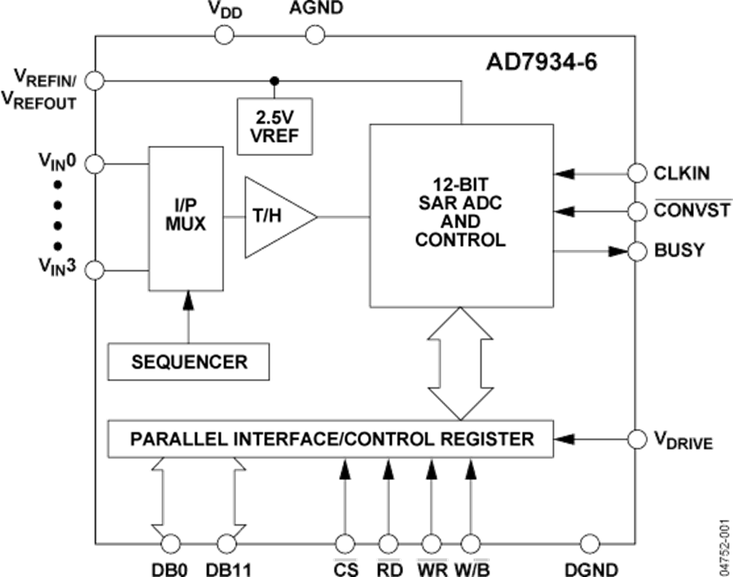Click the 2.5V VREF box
[274, 126]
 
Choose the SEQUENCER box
[189, 361]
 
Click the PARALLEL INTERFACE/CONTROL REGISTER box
[330, 439]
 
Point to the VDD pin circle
[225, 34]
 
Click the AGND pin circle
[315, 34]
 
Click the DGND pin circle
[590, 544]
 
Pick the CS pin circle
[345, 544]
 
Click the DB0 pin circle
[170, 544]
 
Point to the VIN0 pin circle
[94, 163]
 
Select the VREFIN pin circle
[94, 80]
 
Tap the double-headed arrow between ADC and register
[461, 363]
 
